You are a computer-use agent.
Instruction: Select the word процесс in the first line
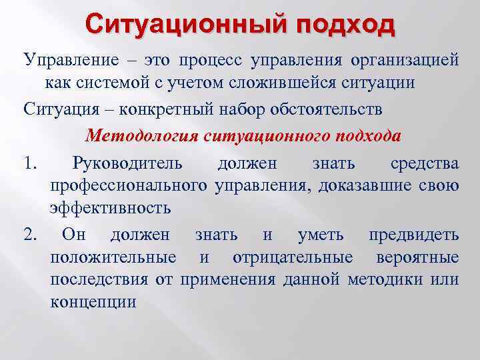212,61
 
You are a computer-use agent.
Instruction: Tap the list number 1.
28,163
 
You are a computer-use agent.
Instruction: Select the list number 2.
29,235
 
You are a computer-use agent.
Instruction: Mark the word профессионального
129,185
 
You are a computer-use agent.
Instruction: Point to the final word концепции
93,301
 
